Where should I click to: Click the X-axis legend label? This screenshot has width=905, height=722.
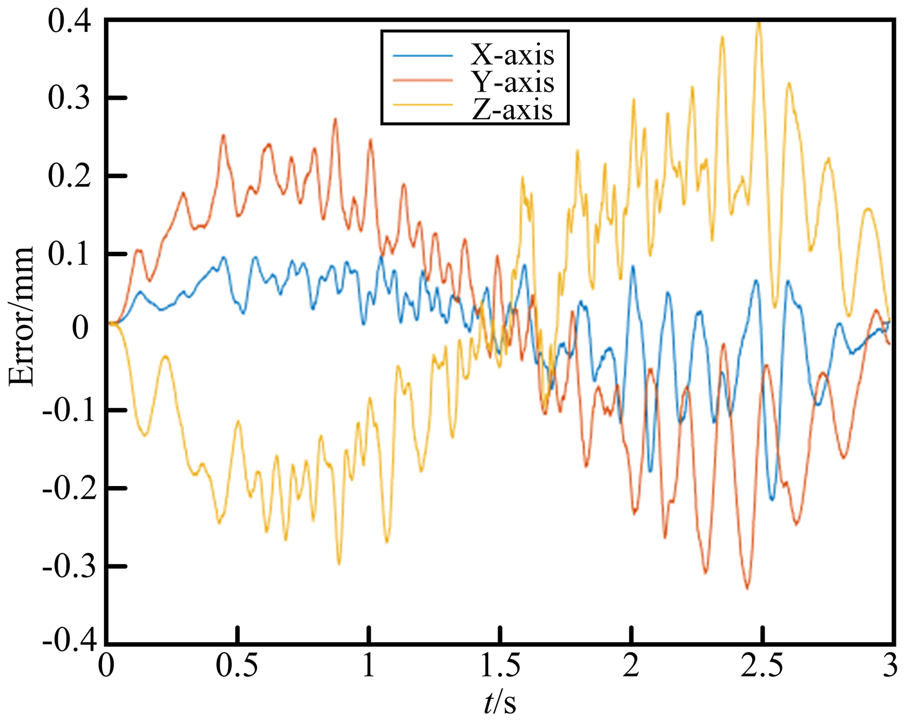(x=512, y=55)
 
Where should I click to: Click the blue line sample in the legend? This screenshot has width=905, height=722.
(x=423, y=56)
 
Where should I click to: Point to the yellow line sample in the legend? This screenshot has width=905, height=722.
(x=423, y=105)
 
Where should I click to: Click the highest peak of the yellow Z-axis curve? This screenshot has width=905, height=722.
(x=759, y=23)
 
